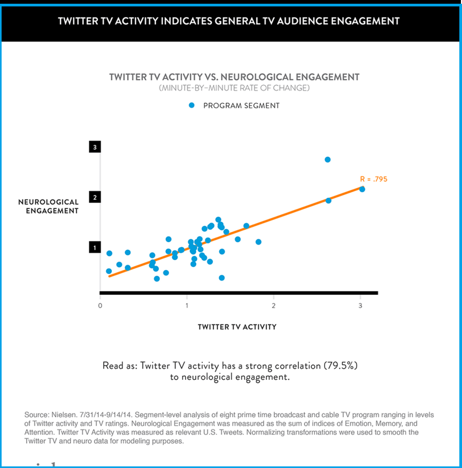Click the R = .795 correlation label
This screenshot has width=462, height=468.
point(373,180)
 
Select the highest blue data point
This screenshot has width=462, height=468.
point(328,160)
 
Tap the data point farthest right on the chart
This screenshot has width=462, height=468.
point(362,189)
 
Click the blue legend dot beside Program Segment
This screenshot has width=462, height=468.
point(191,105)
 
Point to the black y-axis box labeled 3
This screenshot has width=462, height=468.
point(95,147)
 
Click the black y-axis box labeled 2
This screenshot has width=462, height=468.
point(95,197)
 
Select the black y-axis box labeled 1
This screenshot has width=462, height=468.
point(95,247)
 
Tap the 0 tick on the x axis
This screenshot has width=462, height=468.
point(101,305)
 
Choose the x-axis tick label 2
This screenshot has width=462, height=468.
point(274,305)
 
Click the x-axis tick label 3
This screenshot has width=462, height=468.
point(360,305)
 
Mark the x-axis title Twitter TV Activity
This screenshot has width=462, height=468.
point(237,326)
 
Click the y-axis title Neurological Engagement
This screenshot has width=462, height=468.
point(49,206)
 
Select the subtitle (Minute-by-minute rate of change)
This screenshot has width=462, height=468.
point(234,88)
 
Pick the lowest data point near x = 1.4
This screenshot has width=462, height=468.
point(221,278)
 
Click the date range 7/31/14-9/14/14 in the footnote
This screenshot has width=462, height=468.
point(108,415)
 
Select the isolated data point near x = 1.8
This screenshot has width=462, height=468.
point(258,242)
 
